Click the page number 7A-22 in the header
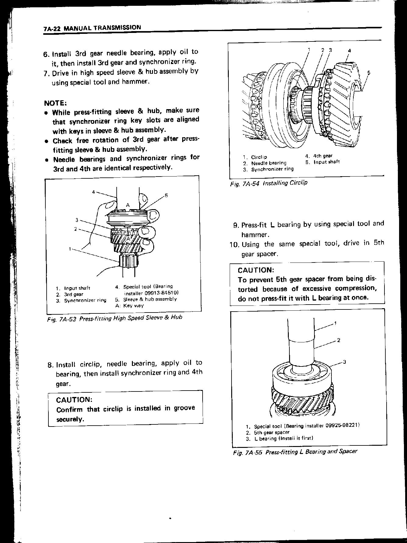tap(52, 29)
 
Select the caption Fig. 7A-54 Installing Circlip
tap(269, 183)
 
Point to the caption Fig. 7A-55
tap(247, 452)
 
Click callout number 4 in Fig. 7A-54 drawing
tap(350, 51)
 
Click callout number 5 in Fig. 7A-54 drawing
tap(369, 73)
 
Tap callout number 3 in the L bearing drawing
tap(345, 362)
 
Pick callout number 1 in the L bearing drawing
tap(335, 323)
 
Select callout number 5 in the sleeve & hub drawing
tap(166, 195)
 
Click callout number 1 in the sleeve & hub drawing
tap(70, 249)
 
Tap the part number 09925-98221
tap(342, 426)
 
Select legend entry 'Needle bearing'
tap(269, 163)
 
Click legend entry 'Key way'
tap(133, 305)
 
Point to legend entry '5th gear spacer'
tap(271, 432)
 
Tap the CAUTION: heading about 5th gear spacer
tap(256, 270)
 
